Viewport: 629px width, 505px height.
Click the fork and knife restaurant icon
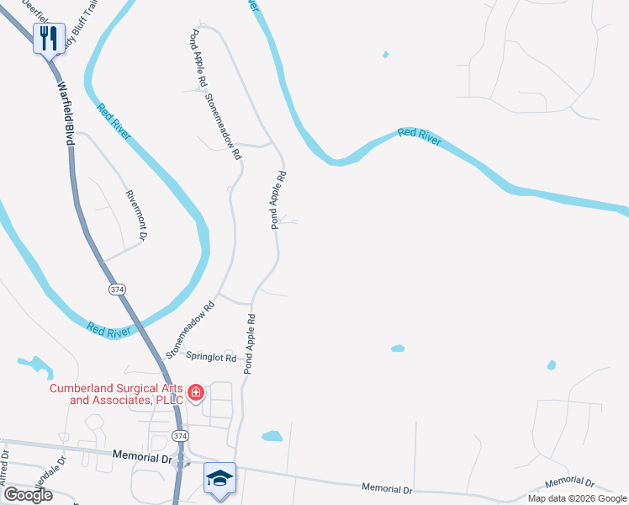click(48, 38)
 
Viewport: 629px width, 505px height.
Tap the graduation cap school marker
click(219, 479)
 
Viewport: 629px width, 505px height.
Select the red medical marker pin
click(195, 392)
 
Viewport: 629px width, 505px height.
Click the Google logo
click(27, 495)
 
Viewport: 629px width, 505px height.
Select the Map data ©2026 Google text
click(577, 498)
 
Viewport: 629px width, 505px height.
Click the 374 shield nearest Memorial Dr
click(179, 435)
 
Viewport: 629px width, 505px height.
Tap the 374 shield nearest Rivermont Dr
click(117, 289)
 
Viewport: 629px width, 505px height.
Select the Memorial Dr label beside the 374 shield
click(141, 457)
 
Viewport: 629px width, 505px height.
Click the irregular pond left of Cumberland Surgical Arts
click(34, 365)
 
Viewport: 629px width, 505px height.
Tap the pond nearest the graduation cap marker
click(272, 436)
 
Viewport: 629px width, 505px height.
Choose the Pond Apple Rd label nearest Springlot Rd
click(250, 344)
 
